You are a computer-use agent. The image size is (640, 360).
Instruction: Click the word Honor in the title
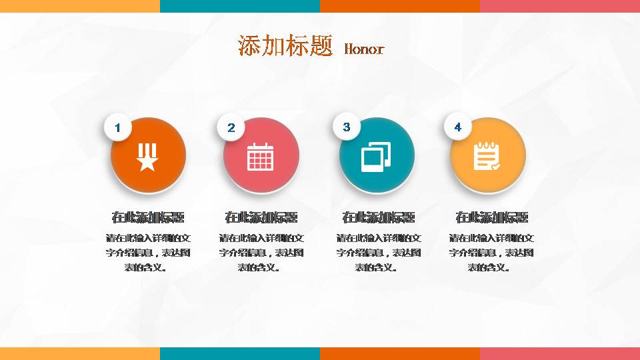(364, 49)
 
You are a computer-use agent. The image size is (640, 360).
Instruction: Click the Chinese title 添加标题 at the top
(285, 45)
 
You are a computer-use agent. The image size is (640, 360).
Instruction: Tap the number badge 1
(118, 127)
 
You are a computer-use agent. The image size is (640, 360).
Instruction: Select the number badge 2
(231, 127)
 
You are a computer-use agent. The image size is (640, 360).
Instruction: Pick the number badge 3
(346, 127)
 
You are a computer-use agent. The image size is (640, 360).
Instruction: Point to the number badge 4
(457, 127)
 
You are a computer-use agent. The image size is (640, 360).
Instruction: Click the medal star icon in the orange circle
(147, 157)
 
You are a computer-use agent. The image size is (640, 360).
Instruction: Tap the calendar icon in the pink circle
(261, 157)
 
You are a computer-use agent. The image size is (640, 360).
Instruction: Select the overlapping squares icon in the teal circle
(375, 157)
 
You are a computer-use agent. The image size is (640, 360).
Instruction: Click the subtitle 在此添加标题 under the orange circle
(148, 217)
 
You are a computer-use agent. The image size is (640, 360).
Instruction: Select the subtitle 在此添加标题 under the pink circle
(261, 217)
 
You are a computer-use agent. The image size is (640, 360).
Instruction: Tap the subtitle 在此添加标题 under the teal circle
(378, 217)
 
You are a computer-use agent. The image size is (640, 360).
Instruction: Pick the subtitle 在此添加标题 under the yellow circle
(491, 217)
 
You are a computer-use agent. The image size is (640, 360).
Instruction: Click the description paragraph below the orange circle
(148, 253)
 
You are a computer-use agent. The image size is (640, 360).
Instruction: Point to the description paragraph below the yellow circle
(491, 253)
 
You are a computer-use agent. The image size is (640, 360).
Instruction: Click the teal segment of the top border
(240, 5)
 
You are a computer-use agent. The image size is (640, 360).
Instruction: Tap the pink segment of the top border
(560, 5)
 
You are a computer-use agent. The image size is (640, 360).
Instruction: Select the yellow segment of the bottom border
(80, 353)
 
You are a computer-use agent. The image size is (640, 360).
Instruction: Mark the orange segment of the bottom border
(400, 353)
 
